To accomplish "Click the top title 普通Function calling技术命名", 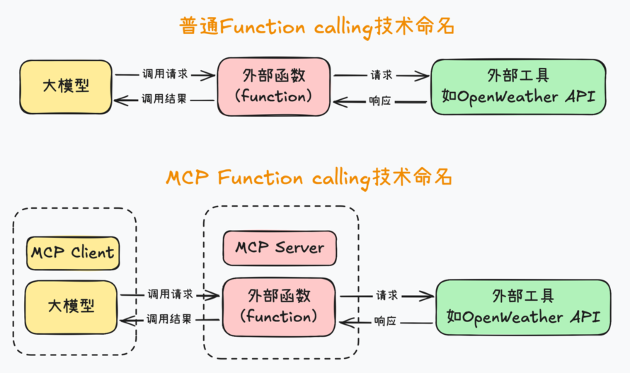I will click(316, 27).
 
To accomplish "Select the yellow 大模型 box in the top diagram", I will click(65, 86).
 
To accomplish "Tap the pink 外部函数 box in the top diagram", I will click(274, 86).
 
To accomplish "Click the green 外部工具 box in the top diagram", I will click(518, 86).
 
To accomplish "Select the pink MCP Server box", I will click(280, 248).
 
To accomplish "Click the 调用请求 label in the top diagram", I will click(164, 74).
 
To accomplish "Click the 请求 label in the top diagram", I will click(382, 74).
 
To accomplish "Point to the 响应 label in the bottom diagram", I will click(385, 321).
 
